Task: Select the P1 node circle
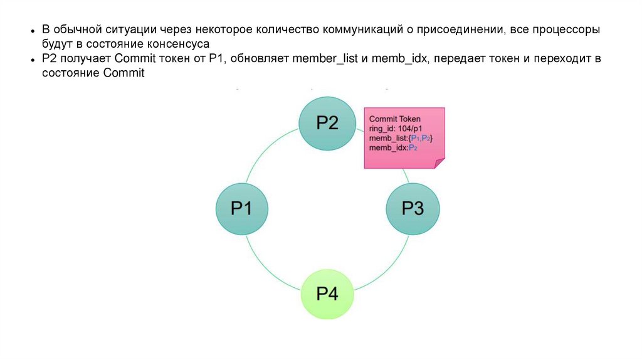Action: (242, 208)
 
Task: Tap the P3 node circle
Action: (412, 208)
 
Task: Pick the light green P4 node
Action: (327, 293)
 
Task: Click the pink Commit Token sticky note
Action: (404, 139)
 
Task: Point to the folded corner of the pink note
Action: (439, 163)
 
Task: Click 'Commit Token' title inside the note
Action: (395, 119)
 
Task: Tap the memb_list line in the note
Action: (401, 138)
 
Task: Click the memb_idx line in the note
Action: (393, 147)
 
